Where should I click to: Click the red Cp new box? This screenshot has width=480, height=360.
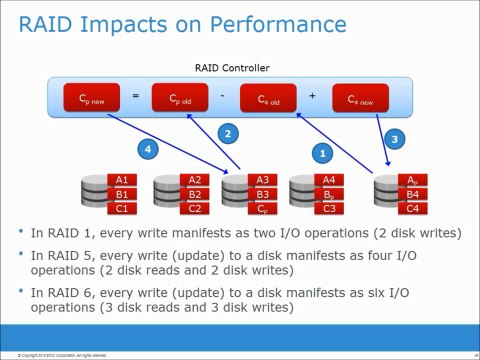tap(88, 97)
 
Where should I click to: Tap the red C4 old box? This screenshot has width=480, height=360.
tap(269, 97)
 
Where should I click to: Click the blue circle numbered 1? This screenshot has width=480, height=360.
tap(322, 153)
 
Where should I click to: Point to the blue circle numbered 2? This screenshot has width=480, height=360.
tap(228, 133)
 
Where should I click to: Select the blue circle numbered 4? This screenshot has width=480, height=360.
tap(149, 149)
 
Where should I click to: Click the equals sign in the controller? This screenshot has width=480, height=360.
tap(135, 96)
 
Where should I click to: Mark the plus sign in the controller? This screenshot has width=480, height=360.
tap(312, 96)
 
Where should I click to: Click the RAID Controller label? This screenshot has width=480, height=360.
tap(232, 68)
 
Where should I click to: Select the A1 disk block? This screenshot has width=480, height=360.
tap(121, 180)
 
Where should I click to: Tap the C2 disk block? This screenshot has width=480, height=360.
tap(196, 208)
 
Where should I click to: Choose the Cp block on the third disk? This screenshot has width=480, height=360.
tap(262, 208)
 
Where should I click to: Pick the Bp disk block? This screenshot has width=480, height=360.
tap(328, 194)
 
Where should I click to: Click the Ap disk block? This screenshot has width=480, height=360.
tap(413, 180)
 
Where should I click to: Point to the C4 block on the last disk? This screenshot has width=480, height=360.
tap(413, 208)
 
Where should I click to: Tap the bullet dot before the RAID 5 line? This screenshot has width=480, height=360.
tap(22, 256)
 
